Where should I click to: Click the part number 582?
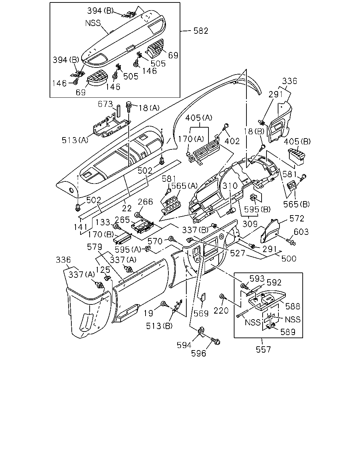tap(201, 31)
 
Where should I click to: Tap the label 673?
tap(105, 104)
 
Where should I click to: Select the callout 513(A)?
tap(75, 140)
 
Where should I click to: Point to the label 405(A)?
tap(199, 118)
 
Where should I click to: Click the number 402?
tap(232, 141)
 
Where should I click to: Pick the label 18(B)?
tap(254, 131)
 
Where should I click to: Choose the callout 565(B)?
tap(296, 204)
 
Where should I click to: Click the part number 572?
tap(297, 219)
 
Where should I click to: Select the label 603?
tap(301, 232)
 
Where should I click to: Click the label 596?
tap(199, 353)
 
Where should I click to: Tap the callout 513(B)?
tap(159, 326)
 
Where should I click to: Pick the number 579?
tap(95, 247)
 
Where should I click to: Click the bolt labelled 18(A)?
tap(128, 107)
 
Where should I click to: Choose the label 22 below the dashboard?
tap(127, 208)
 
